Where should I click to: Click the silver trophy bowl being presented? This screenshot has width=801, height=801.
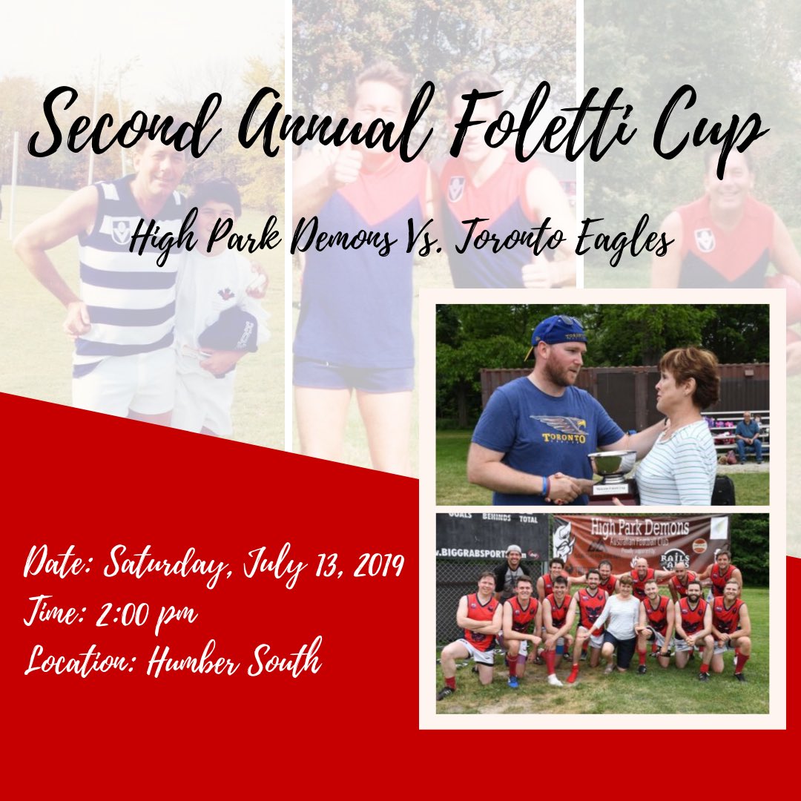pyautogui.click(x=612, y=464)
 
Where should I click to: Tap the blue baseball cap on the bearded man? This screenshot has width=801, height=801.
pyautogui.click(x=557, y=332)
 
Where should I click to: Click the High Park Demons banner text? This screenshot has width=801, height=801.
pyautogui.click(x=639, y=528)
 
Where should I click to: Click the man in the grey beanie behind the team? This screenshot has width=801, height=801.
pyautogui.click(x=512, y=567)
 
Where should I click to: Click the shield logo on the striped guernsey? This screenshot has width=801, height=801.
pyautogui.click(x=121, y=231)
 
